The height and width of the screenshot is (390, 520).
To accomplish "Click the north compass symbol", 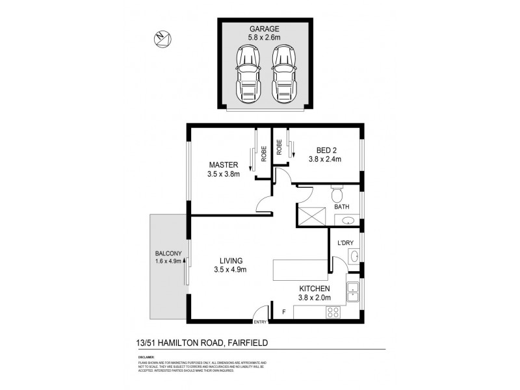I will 162,40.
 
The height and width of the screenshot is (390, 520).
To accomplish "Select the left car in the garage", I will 248,75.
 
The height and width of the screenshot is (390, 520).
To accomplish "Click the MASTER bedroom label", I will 223,164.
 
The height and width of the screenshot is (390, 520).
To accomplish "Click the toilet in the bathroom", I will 337,194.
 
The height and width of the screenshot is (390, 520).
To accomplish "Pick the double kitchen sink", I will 354,292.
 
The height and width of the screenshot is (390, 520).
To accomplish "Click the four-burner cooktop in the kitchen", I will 334,312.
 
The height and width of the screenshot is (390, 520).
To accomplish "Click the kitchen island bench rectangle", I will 300,269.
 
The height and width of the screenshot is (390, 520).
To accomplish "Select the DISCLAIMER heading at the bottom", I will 146,357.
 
